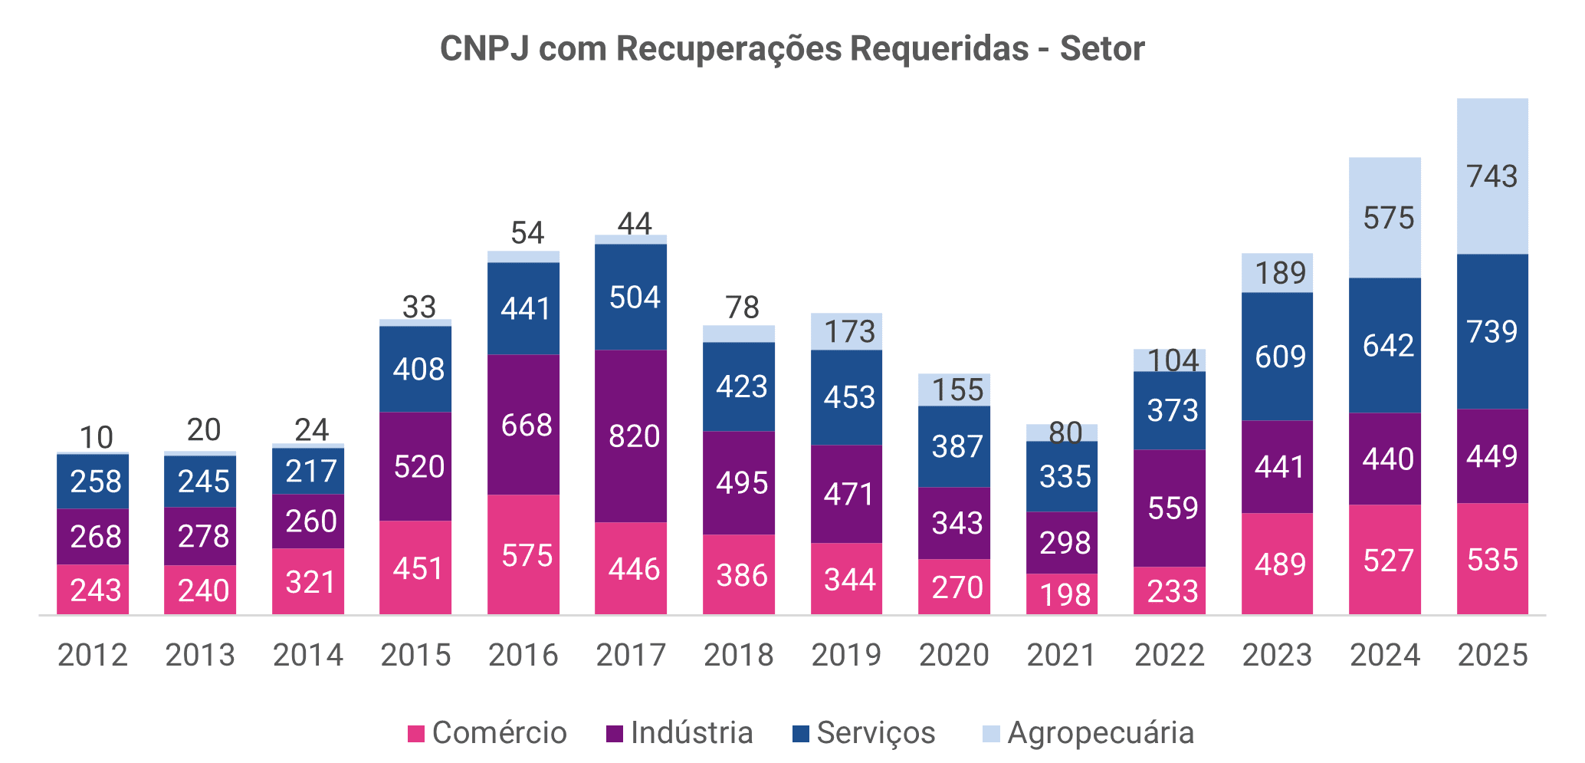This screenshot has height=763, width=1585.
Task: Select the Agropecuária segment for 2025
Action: [1491, 176]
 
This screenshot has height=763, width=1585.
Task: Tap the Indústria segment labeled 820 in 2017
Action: [630, 436]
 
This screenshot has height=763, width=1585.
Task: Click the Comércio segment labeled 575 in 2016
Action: [523, 554]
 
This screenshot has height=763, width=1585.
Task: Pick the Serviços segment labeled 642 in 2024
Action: [1384, 345]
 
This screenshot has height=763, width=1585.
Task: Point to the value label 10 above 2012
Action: [96, 438]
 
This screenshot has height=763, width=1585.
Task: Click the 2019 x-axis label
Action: [846, 655]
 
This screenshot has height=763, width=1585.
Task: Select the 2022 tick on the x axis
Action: [1169, 655]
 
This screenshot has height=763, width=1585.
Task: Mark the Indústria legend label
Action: [691, 732]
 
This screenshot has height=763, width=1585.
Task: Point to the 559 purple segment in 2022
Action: [1169, 508]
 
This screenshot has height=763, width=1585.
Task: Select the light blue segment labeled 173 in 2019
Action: [846, 331]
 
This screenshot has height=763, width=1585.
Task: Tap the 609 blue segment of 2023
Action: [1277, 357]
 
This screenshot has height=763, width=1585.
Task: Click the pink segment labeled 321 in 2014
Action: [308, 582]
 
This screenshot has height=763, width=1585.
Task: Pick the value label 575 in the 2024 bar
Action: [1384, 218]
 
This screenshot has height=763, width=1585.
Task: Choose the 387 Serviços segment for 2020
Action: [954, 446]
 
